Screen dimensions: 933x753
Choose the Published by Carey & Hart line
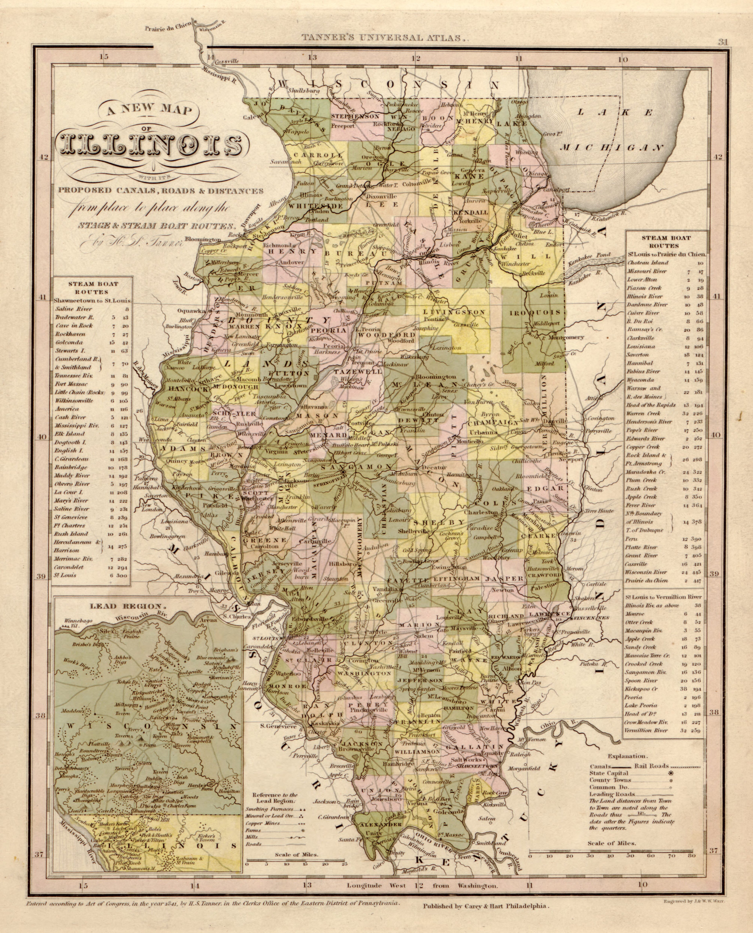pyautogui.click(x=486, y=906)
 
